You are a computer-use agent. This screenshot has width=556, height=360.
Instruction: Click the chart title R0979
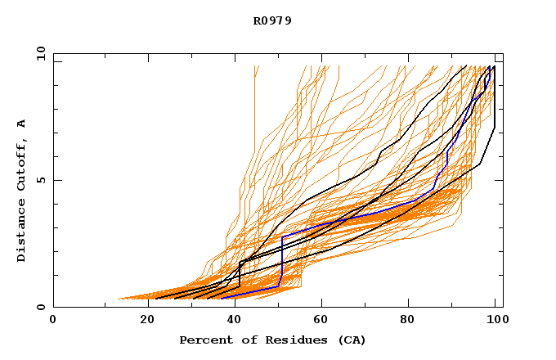coord(272,20)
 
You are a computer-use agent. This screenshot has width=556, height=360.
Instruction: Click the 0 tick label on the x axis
coord(53,321)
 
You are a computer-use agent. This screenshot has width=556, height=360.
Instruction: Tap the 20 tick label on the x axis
coord(141,321)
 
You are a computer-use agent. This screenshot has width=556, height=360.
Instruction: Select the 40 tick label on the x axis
coord(231,321)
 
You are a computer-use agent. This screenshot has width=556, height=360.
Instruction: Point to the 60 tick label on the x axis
coord(320,321)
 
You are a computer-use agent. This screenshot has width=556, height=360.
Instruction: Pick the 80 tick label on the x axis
coord(408,321)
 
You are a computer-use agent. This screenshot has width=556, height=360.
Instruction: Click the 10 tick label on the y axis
coord(39,55)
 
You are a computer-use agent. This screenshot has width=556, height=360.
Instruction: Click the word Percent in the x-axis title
coord(203,340)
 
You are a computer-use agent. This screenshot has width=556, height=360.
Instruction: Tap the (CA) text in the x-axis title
coord(352,340)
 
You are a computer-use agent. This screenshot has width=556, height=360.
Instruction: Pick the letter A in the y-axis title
coord(22,123)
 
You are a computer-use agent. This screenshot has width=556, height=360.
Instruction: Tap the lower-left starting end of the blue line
coord(222,298)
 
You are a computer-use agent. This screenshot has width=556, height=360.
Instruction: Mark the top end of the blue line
coord(489,67)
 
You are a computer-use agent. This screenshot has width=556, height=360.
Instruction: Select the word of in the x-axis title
coord(248,340)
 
